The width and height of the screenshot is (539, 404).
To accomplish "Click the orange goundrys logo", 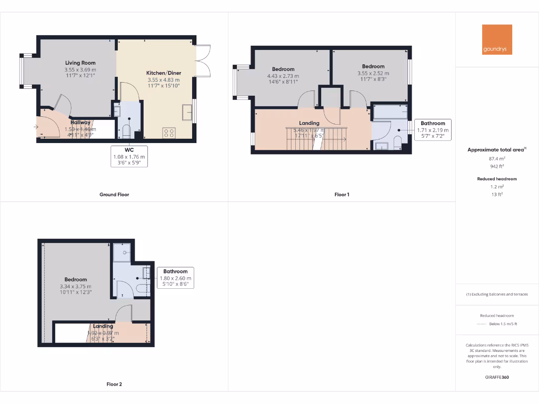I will [x=497, y=39].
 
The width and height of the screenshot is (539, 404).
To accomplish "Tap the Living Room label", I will [x=80, y=63].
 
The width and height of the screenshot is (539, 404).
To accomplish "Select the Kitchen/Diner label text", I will [x=163, y=73].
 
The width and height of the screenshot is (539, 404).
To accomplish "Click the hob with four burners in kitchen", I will [x=169, y=133].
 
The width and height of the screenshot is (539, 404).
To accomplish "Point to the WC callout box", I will [x=129, y=157].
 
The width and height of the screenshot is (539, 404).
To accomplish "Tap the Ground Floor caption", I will [x=114, y=195].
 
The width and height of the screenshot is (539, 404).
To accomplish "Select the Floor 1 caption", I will [x=342, y=195].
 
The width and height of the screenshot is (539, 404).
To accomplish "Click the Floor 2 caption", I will [x=114, y=385].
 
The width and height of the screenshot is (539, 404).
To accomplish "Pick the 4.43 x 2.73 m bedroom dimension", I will [x=283, y=76].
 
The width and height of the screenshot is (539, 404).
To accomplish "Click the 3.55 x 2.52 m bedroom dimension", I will [x=373, y=73].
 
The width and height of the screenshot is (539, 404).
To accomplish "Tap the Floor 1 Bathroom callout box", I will [x=433, y=130].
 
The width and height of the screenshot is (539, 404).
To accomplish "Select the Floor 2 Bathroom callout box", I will [x=175, y=278].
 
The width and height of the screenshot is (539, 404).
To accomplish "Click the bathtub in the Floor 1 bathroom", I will [x=390, y=112].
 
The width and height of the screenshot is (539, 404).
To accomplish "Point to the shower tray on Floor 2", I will [x=123, y=252].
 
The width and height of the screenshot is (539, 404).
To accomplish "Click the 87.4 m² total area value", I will [x=497, y=158].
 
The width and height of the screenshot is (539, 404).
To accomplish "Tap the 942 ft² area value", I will [x=497, y=166].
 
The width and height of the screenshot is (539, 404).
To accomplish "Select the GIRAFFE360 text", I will [x=497, y=377].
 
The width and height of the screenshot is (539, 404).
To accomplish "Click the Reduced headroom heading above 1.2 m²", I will [x=497, y=179].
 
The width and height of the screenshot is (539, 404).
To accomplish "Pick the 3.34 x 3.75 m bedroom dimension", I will [x=76, y=286].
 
